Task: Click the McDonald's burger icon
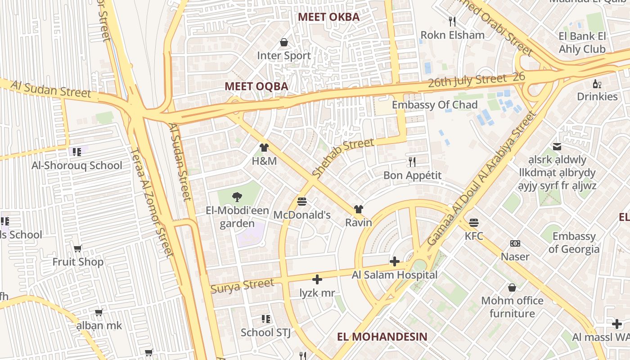[302, 201]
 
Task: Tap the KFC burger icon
[473, 222]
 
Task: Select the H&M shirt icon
[264, 147]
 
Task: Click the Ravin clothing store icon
[358, 209]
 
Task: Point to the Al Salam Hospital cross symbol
[395, 261]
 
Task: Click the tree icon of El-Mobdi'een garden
[237, 197]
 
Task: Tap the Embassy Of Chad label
[435, 105]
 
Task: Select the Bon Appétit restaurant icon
[412, 162]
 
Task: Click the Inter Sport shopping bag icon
[284, 42]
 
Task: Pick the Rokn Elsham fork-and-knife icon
[452, 21]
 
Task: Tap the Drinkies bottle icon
[597, 84]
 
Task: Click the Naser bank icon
[515, 243]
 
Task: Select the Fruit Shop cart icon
[78, 248]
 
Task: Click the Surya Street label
[242, 286]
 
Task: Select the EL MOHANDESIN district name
[382, 337]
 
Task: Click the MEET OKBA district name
[329, 17]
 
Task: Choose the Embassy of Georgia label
[574, 243]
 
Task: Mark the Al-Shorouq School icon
[76, 152]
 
